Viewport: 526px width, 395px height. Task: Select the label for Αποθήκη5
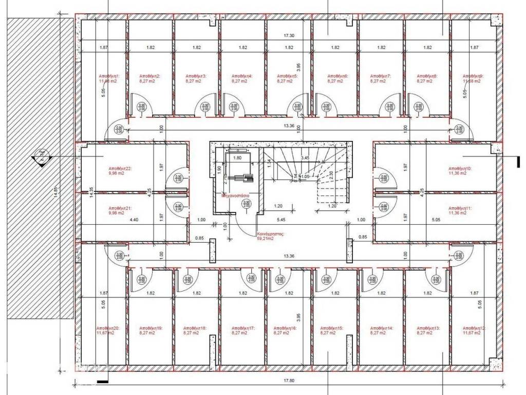point(288,76)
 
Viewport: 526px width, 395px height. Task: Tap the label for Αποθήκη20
point(107,328)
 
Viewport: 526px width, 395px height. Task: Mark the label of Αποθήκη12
point(473,328)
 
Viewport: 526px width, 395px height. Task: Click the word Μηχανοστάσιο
point(236,196)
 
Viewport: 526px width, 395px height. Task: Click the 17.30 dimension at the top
point(289,36)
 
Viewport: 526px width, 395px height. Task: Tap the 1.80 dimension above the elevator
point(237,158)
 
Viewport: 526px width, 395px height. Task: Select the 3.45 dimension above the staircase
point(305,158)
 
